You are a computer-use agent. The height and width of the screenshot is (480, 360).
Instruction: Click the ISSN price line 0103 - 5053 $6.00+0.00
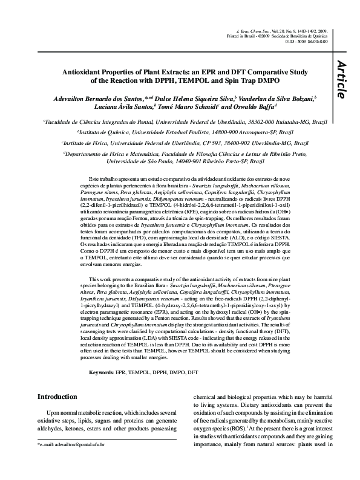click(x=306, y=41)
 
